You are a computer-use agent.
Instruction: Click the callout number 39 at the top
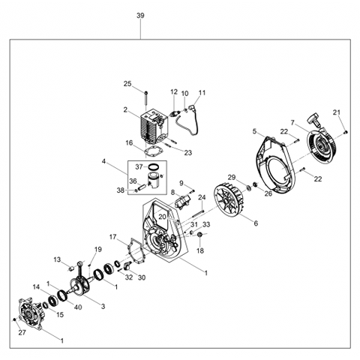point(140,16)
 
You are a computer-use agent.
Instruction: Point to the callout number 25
point(127,83)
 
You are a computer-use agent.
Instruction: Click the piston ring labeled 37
point(155,166)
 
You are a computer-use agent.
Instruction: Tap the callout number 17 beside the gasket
point(112,237)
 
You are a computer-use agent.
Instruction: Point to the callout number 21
point(337,112)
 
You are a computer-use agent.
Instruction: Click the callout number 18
point(200,250)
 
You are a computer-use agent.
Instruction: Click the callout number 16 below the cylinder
point(128,142)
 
